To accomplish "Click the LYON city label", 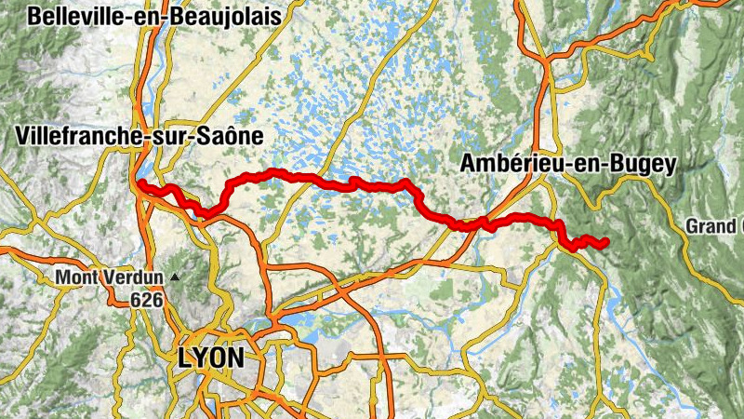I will (211, 358).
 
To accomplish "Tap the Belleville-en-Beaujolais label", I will (154, 16).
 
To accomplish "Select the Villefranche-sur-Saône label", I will (139, 136).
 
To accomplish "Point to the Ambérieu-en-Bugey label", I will (567, 164).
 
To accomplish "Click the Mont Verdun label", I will (109, 277).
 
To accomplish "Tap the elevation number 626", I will (146, 299).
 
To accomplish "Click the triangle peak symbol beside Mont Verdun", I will (174, 277).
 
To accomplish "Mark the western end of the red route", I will (139, 183).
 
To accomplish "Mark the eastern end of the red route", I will (605, 242).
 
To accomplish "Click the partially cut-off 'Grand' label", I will (716, 226).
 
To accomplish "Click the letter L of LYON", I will (184, 358).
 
